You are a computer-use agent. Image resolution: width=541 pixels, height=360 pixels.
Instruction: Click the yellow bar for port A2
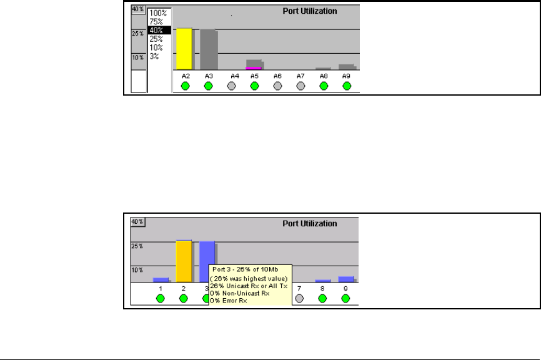184,49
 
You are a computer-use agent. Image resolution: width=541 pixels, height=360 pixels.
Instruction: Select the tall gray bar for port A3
208,49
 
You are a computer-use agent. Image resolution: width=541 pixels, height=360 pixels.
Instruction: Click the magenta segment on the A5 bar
254,67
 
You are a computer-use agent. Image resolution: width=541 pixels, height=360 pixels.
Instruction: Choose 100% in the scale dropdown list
159,12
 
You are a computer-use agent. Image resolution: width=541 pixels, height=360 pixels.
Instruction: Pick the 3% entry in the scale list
154,56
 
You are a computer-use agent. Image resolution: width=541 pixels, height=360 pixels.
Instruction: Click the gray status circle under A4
231,86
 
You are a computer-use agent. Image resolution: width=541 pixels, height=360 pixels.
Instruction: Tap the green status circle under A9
346,86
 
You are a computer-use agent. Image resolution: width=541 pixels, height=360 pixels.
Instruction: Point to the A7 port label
300,76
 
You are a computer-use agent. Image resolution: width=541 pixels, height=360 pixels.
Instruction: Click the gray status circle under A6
277,86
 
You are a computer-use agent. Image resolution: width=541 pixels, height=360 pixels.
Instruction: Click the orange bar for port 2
184,261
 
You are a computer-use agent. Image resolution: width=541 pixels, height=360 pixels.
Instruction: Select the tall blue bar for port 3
207,253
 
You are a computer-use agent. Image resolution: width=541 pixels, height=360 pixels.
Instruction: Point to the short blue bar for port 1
161,280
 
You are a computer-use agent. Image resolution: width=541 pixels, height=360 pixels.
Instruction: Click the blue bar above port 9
346,279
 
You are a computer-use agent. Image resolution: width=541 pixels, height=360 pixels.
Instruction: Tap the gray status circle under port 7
300,299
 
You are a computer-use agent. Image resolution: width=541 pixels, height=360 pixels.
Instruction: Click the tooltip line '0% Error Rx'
229,301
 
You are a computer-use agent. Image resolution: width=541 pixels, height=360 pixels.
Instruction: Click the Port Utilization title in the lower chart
310,223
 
